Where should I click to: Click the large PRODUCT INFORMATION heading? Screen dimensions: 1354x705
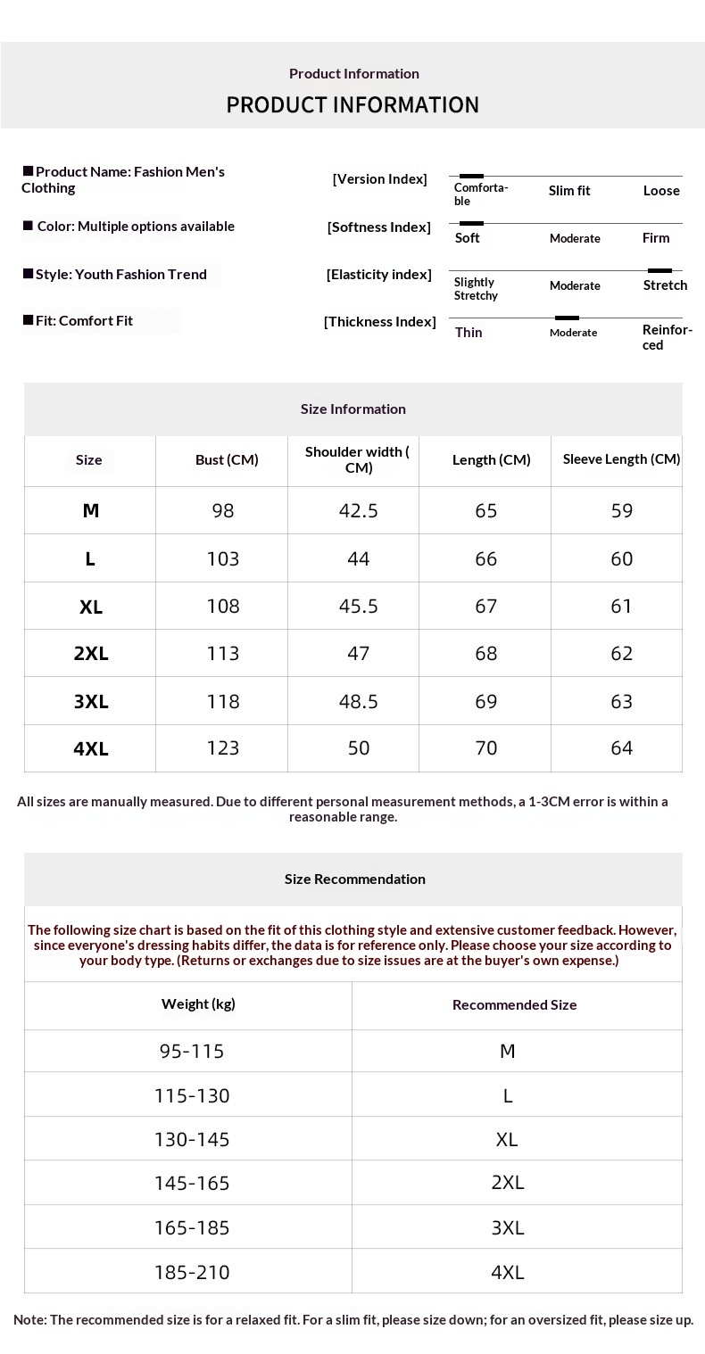(x=352, y=104)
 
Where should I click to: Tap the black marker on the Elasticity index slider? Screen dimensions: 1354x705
(x=659, y=270)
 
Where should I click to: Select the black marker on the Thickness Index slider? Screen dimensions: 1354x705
(x=567, y=318)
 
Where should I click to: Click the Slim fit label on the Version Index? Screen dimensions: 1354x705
(x=569, y=191)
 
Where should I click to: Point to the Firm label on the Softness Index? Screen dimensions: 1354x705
(x=656, y=238)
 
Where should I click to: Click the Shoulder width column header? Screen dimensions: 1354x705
(x=357, y=459)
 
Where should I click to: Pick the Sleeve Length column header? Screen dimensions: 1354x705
(x=621, y=459)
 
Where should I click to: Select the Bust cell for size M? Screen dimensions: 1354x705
(x=223, y=510)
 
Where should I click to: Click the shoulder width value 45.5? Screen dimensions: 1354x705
(x=359, y=607)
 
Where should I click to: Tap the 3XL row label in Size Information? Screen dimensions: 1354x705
(x=91, y=702)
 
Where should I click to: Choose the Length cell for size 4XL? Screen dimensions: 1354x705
(x=486, y=748)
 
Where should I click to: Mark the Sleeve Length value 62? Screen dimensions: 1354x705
(x=622, y=654)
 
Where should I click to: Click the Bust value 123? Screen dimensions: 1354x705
(x=223, y=748)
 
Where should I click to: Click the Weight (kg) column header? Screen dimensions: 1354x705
(x=198, y=1004)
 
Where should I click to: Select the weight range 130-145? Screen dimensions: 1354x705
(x=192, y=1140)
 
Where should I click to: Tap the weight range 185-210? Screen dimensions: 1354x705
(x=192, y=1273)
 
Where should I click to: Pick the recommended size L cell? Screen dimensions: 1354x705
(x=508, y=1096)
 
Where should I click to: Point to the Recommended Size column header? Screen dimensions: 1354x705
(x=514, y=1005)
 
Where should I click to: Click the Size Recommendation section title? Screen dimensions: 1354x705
(x=354, y=879)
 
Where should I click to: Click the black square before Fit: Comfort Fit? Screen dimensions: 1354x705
(x=28, y=319)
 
